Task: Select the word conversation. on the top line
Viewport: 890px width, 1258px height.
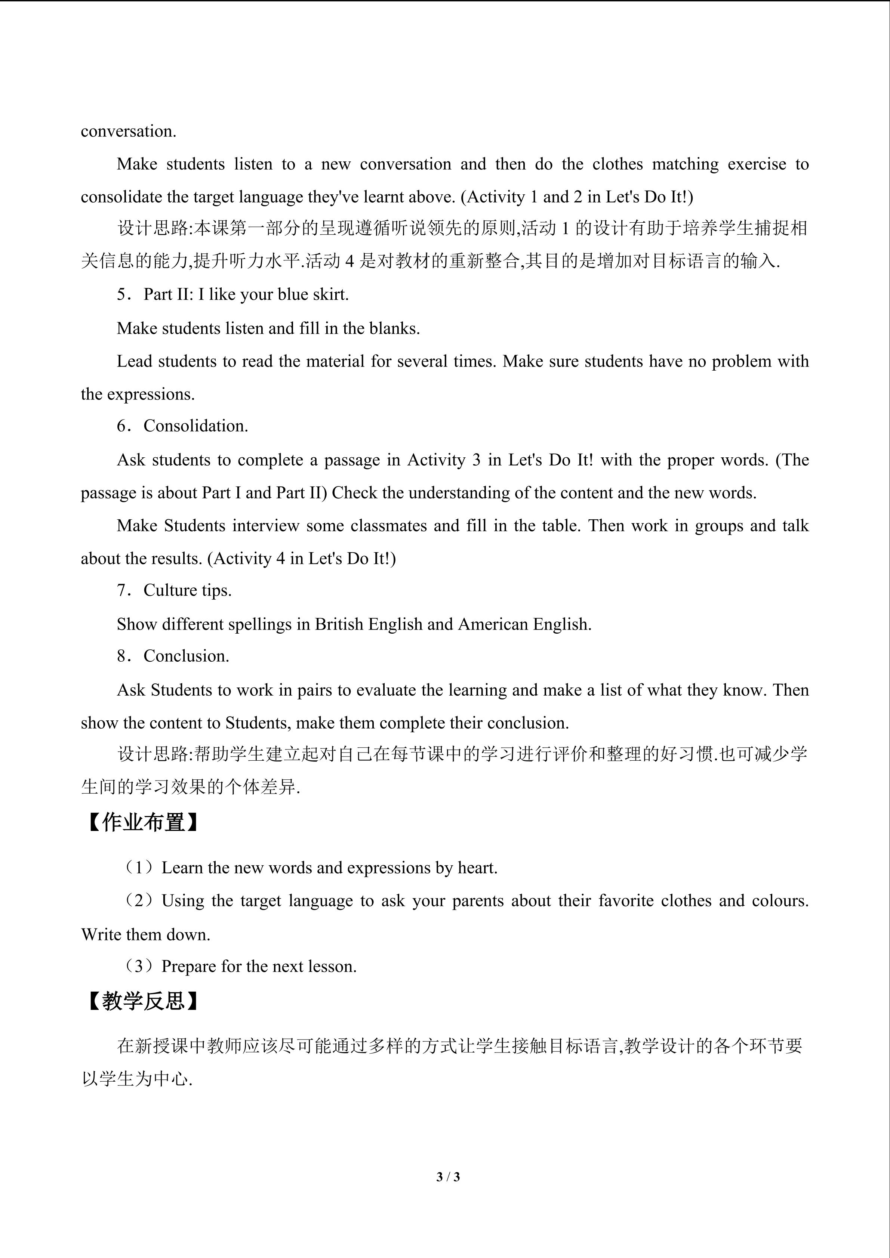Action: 128,132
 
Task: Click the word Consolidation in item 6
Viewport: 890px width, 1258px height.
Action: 195,426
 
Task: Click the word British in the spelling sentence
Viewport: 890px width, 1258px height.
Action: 339,624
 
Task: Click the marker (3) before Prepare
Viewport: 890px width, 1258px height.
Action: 139,967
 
